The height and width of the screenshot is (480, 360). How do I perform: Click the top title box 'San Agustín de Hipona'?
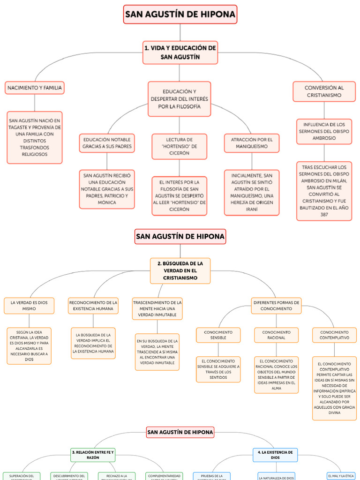[x=180, y=15]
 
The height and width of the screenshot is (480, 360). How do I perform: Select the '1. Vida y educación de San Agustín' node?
[x=180, y=52]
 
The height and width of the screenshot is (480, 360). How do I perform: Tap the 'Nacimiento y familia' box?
[x=34, y=88]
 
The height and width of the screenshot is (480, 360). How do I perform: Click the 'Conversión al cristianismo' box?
[x=324, y=91]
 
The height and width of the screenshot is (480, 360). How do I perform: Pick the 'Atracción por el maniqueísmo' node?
[x=252, y=143]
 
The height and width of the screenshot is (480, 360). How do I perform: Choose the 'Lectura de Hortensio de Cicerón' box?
[x=179, y=146]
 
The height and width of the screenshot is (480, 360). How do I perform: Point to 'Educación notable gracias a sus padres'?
[x=107, y=143]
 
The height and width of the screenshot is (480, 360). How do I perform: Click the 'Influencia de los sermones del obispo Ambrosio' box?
[x=324, y=131]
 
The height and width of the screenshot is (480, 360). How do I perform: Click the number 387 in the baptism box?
[x=324, y=215]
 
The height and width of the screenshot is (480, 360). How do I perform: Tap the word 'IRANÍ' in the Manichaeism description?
[x=252, y=209]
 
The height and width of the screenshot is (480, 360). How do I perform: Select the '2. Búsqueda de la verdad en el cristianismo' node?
[x=180, y=270]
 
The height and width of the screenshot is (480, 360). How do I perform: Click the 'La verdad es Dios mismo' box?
[x=29, y=306]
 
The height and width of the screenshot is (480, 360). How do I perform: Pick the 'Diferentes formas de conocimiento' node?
[x=276, y=306]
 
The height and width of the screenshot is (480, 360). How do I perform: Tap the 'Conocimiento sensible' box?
[x=218, y=335]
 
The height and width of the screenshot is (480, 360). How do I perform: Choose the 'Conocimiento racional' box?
[x=277, y=335]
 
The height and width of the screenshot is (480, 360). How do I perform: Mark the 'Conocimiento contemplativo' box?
[x=334, y=335]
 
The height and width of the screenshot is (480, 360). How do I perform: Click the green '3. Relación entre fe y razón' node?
[x=92, y=455]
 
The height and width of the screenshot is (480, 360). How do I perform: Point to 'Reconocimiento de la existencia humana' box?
[x=93, y=306]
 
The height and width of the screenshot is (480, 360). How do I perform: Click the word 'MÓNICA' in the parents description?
[x=107, y=202]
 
